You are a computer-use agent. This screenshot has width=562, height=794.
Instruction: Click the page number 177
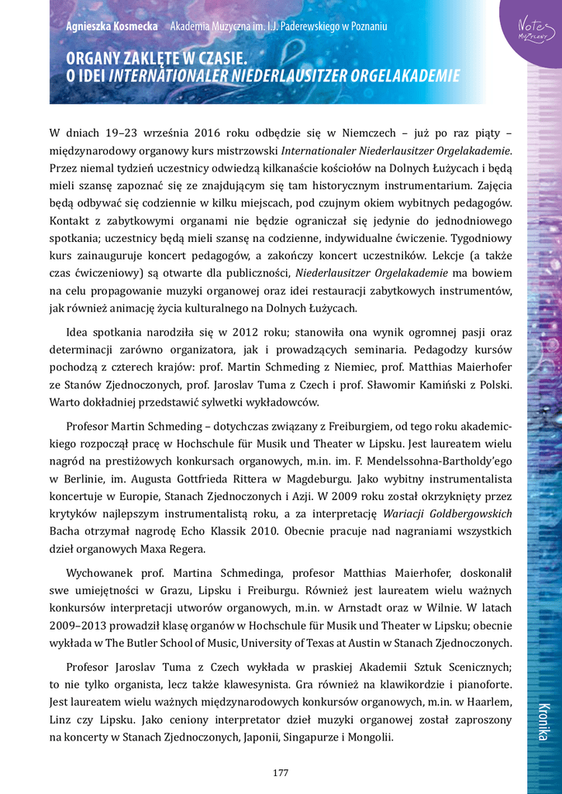pyautogui.click(x=281, y=772)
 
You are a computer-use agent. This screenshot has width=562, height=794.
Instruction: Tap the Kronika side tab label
pyautogui.click(x=542, y=721)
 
